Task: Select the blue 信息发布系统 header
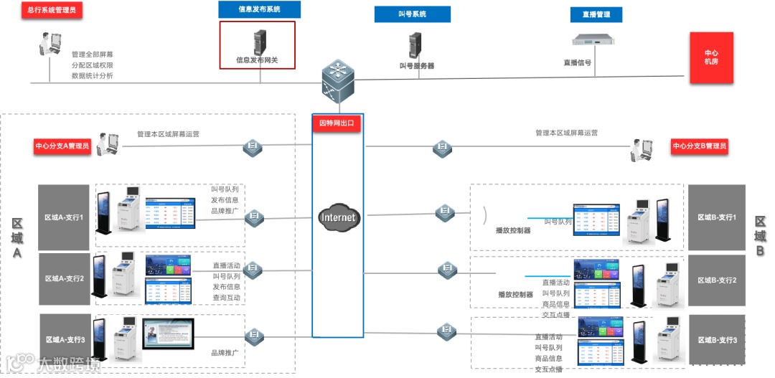(259, 10)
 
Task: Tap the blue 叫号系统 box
(412, 14)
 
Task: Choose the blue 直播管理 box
(596, 14)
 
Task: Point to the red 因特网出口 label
(337, 123)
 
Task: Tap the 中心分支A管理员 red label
(62, 146)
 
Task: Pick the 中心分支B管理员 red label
(699, 146)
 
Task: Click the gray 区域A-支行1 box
(64, 217)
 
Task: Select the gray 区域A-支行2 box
(64, 278)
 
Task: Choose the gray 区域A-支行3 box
(64, 339)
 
